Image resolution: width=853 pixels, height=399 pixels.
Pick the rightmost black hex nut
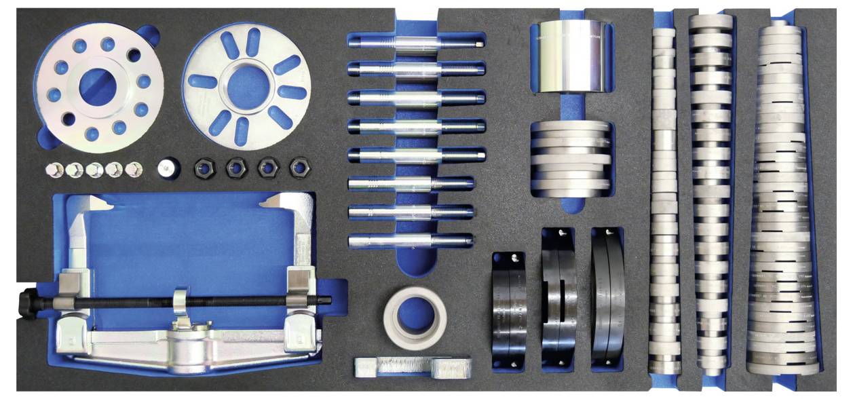click(299, 167)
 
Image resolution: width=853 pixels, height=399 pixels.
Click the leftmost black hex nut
click(204, 167)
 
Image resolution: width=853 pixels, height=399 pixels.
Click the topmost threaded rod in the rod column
click(414, 42)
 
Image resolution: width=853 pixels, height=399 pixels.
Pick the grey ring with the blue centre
click(414, 318)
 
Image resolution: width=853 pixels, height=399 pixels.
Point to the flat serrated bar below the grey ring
click(412, 367)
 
